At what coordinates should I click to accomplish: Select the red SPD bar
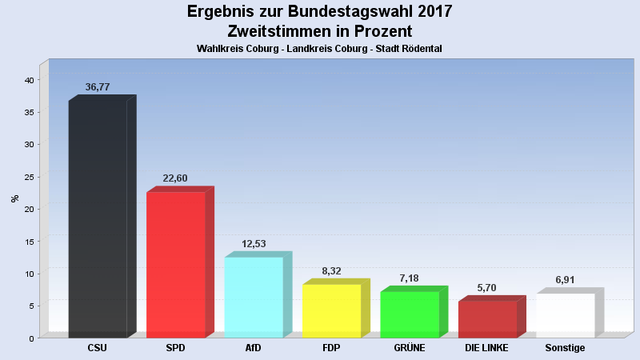[x=175, y=265]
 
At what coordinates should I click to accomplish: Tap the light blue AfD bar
[x=254, y=297]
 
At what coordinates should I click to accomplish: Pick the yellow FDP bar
[x=331, y=310]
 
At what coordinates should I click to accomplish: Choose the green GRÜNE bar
[x=410, y=314]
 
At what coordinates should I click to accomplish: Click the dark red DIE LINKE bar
[x=487, y=319]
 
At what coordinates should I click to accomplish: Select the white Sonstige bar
[x=566, y=315]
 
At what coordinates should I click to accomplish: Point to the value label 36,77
[x=98, y=87]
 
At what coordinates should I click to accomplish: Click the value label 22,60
[x=175, y=178]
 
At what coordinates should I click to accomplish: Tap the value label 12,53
[x=254, y=243]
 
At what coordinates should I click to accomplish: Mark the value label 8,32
[x=331, y=271]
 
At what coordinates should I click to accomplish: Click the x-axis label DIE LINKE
[x=487, y=348]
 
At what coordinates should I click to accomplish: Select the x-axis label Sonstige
[x=565, y=348]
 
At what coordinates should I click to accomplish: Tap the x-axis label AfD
[x=253, y=348]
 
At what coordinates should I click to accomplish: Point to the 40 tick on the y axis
[x=28, y=80]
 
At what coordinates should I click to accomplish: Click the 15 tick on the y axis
[x=28, y=241]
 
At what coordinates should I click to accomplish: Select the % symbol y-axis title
[x=15, y=198]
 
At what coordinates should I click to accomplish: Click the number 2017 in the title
[x=429, y=12]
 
